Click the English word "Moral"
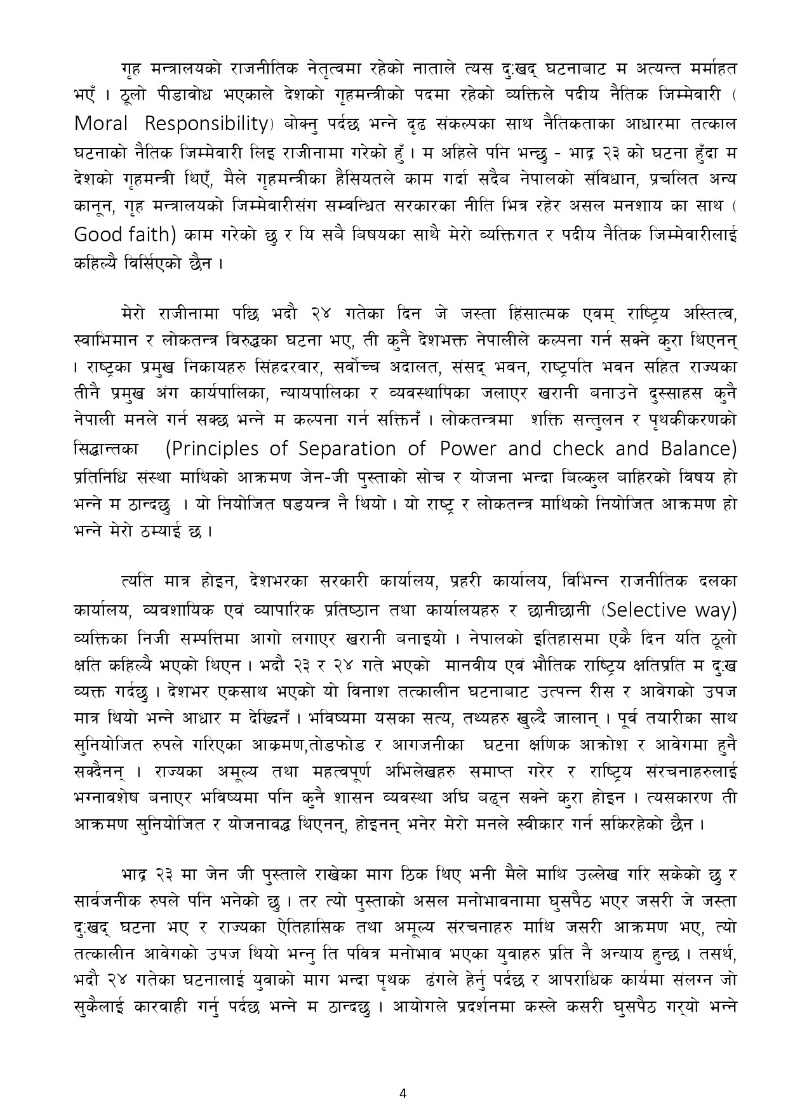click(x=100, y=124)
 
